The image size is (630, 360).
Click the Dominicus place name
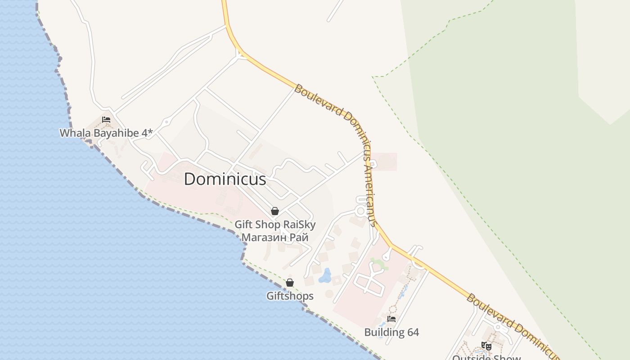point(225,179)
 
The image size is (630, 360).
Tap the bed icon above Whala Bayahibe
point(106,120)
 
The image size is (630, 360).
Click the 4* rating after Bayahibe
point(148,133)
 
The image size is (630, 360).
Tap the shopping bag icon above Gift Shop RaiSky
point(274,211)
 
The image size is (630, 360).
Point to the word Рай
point(299,237)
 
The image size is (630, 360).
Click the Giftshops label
point(290,296)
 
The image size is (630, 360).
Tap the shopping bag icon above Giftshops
point(290,283)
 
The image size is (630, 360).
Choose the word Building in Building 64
point(384,333)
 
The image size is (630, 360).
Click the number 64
point(413,333)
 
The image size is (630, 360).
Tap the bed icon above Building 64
point(391,319)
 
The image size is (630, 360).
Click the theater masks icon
point(486,346)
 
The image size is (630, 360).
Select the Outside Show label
point(486,357)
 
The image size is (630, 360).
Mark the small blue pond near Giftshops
point(325,275)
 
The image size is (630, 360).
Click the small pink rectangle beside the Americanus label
point(385,162)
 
